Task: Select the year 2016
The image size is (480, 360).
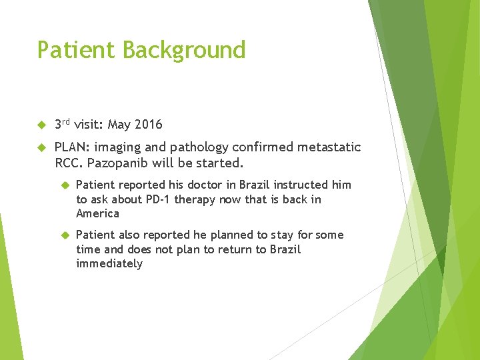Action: point(148,125)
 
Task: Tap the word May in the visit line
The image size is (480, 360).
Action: point(119,125)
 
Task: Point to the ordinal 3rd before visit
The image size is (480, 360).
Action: point(62,124)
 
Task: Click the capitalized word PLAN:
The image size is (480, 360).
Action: point(72,147)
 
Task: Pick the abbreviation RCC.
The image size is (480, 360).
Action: point(68,163)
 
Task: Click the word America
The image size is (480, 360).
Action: point(97,213)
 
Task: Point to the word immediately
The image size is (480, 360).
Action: point(109,263)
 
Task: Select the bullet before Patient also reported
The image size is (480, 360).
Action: point(65,235)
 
